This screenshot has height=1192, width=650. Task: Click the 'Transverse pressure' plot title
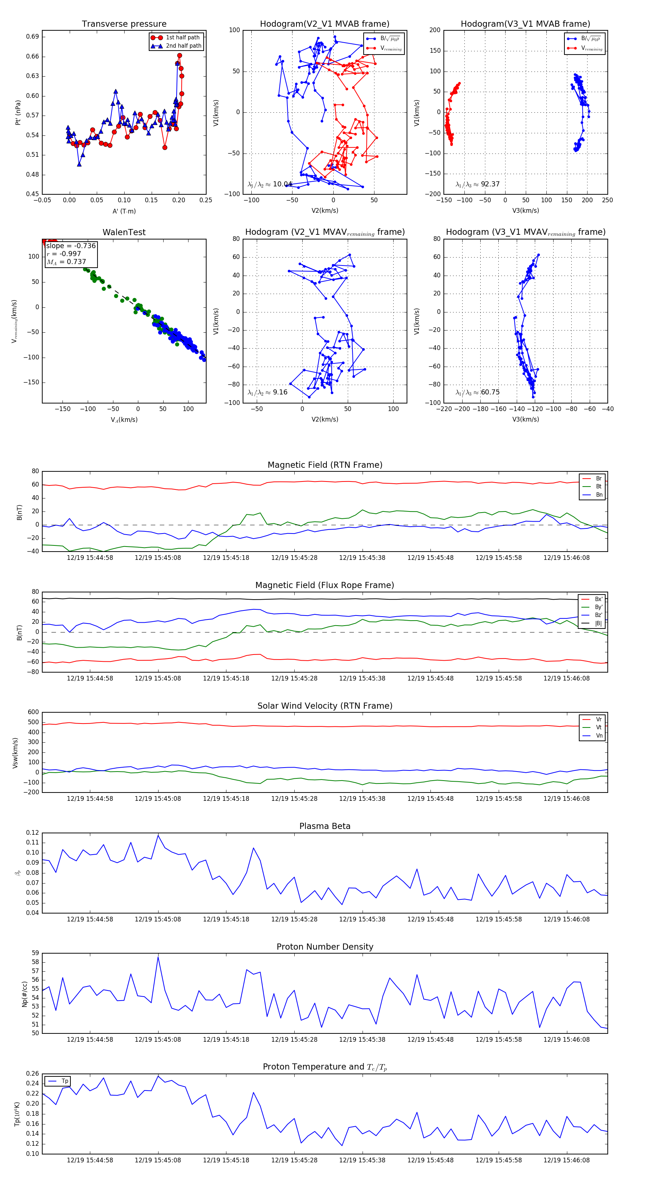[x=124, y=24]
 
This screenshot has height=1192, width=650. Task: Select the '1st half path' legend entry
[x=182, y=38]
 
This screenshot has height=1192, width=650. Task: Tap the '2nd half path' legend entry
[x=183, y=46]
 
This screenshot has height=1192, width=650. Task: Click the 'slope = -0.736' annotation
[x=71, y=246]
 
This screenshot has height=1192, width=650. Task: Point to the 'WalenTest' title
[x=124, y=232]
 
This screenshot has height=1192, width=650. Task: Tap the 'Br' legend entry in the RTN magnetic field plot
[x=598, y=479]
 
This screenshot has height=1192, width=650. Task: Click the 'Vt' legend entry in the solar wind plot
[x=598, y=727]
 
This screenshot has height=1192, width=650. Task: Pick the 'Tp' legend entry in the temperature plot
[x=65, y=1081]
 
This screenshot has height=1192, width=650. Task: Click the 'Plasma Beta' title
[x=325, y=826]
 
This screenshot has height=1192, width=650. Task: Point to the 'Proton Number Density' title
[x=325, y=947]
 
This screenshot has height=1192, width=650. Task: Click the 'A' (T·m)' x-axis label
[x=124, y=211]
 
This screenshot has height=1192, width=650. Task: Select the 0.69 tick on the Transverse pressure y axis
[x=32, y=36]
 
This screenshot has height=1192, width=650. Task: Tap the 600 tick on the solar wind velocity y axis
[x=33, y=712]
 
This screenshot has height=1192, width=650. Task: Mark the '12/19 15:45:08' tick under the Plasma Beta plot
[x=158, y=919]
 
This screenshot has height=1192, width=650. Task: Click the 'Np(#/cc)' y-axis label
[x=25, y=994]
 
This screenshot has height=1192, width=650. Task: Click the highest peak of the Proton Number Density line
[x=158, y=957]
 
